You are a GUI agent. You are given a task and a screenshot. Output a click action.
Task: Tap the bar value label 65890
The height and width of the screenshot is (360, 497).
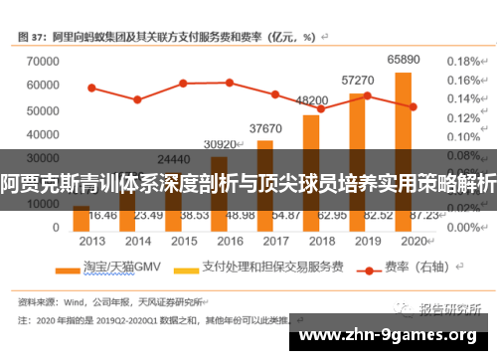point(403,60)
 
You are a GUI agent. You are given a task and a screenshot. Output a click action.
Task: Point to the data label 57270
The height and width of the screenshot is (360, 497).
point(357,80)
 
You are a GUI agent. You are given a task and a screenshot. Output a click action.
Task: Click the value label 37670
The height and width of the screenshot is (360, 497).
point(264,127)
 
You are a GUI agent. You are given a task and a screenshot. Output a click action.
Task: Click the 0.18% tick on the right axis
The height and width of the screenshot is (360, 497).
point(464,61)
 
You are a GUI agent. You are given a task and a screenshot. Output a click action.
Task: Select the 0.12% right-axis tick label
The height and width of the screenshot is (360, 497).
point(464,118)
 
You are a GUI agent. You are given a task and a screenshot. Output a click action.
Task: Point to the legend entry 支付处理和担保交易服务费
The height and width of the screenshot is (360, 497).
point(257,269)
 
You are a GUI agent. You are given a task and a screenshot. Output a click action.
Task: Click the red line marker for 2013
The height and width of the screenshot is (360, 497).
point(91,88)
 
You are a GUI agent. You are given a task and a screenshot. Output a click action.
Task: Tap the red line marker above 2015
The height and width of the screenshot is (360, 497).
point(183,83)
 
